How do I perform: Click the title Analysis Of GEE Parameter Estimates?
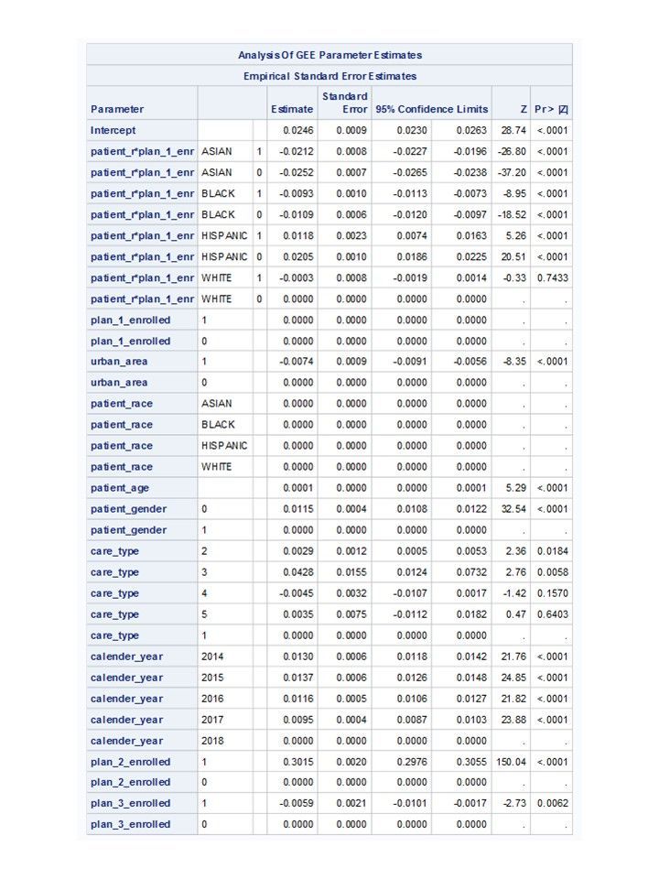(x=329, y=55)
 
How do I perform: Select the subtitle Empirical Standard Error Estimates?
(x=329, y=76)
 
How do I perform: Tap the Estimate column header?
(x=292, y=110)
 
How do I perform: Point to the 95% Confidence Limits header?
(x=431, y=110)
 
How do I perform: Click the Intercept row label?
(x=113, y=131)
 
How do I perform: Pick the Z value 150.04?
(x=511, y=762)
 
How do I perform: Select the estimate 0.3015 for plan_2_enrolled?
(x=298, y=762)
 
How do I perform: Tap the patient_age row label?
(x=120, y=488)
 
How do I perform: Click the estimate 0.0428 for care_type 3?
(x=298, y=572)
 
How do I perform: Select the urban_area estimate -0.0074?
(x=297, y=362)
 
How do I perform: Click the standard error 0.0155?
(x=351, y=572)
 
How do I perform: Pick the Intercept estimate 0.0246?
(x=298, y=131)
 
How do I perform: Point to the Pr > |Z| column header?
(x=551, y=110)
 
